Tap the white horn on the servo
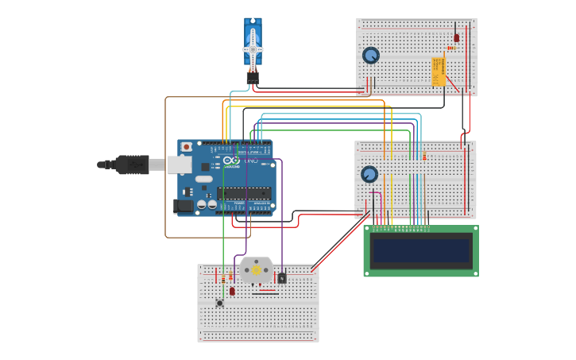(253, 48)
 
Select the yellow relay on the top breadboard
(438, 71)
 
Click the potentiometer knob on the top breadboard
(371, 56)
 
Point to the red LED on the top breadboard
(456, 37)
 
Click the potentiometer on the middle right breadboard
(369, 174)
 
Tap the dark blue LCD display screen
(421, 251)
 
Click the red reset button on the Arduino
(187, 147)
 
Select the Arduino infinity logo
(231, 161)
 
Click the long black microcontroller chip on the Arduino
(244, 192)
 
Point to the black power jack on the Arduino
(183, 206)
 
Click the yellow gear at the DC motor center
(256, 270)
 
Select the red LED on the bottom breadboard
(232, 291)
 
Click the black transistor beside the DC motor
(282, 278)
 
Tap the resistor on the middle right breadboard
(424, 157)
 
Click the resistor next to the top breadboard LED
(450, 48)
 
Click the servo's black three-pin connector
(253, 77)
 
